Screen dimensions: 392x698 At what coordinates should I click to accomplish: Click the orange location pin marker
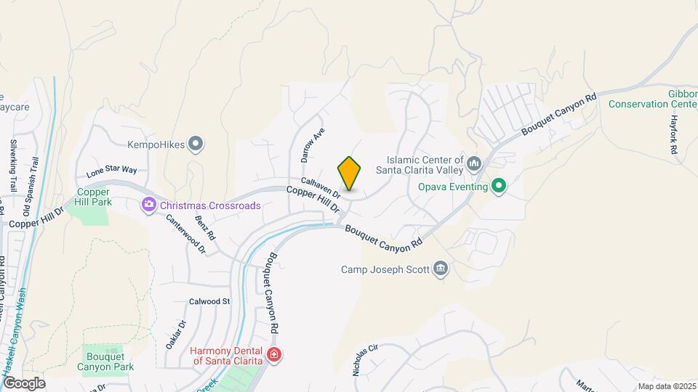(x=349, y=173)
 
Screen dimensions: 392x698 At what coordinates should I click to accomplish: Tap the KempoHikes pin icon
(x=195, y=144)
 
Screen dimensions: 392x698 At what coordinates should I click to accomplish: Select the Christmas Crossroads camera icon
(x=150, y=205)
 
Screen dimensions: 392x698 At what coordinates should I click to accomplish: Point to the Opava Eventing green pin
(x=498, y=187)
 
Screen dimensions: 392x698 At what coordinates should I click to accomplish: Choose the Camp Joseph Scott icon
(x=440, y=270)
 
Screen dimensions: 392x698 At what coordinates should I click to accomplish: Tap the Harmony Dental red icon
(x=274, y=355)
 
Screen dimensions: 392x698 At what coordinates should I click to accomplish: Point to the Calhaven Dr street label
(x=321, y=188)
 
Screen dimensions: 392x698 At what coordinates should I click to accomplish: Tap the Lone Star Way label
(x=111, y=172)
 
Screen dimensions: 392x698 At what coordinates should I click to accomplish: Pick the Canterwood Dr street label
(x=186, y=234)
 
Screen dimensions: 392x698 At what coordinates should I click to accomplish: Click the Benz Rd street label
(x=206, y=228)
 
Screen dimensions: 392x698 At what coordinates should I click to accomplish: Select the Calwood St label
(x=209, y=301)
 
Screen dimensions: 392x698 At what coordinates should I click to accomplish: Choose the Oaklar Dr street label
(x=175, y=334)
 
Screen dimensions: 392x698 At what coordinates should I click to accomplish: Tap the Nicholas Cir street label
(x=366, y=359)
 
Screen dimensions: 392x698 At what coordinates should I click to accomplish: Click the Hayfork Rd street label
(x=674, y=134)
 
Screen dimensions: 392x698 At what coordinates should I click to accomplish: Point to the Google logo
(x=23, y=383)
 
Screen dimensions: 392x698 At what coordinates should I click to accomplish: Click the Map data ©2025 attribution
(x=666, y=386)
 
